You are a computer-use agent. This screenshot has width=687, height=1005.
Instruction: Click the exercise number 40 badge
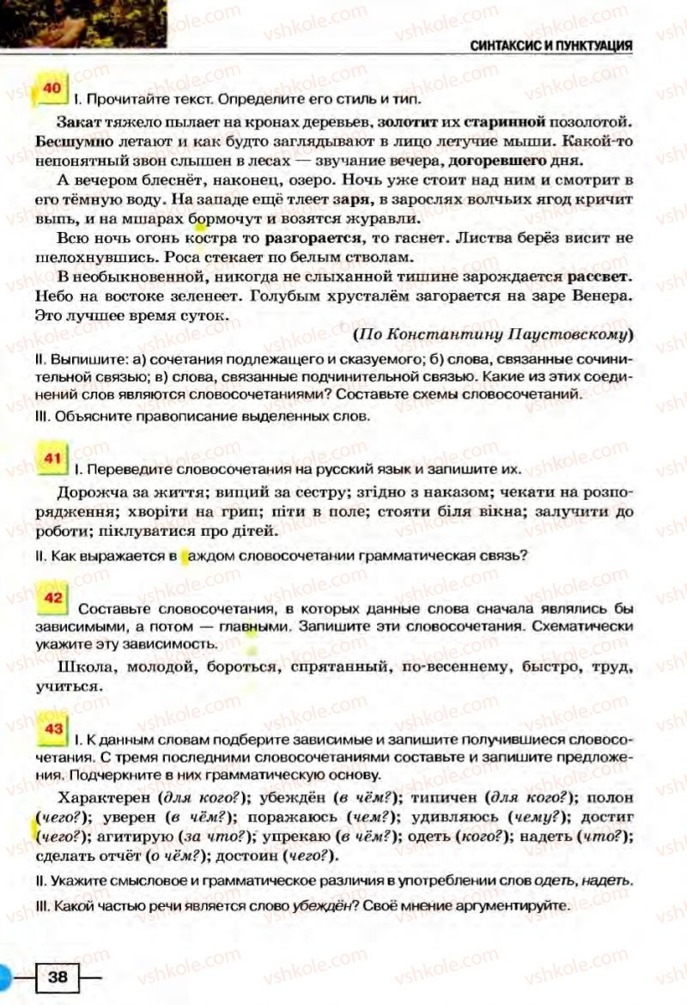52,88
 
